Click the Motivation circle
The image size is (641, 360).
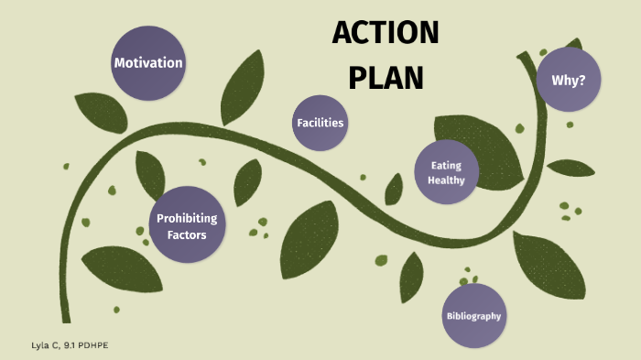coord(147,63)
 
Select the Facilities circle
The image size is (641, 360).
coord(320,122)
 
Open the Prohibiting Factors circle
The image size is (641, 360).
coord(187,226)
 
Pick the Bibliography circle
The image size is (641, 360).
coord(473,316)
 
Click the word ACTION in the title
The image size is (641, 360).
coord(386,34)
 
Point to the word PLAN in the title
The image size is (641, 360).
coord(386,77)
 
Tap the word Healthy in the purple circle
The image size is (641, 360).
coord(446,180)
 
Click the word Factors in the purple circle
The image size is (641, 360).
coord(187,235)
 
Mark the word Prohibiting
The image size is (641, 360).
coord(187,218)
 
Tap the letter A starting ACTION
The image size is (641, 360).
coord(341,34)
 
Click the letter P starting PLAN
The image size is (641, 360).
coord(357,77)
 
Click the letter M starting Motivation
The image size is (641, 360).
coord(119,63)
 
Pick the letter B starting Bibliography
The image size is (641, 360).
coord(450,316)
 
